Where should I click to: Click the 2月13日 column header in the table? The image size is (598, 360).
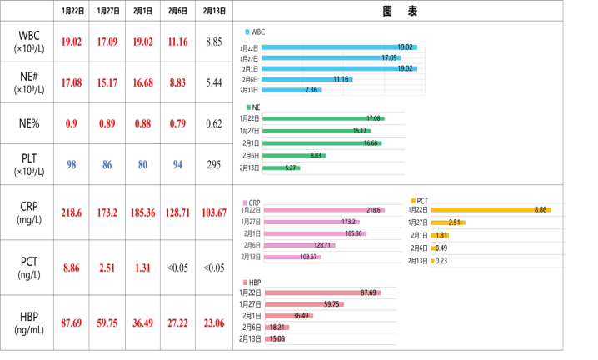click(x=214, y=11)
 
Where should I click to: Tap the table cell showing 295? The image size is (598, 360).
click(x=214, y=164)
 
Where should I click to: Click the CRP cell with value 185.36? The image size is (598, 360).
click(x=142, y=212)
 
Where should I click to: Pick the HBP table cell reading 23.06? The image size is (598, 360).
click(x=214, y=323)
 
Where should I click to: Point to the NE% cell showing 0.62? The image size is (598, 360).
click(x=214, y=123)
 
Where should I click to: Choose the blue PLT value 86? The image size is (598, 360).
click(x=107, y=164)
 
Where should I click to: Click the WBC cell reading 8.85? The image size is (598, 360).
click(x=214, y=42)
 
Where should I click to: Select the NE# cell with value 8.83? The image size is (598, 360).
click(x=177, y=82)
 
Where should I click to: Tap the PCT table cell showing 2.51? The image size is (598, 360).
click(x=107, y=267)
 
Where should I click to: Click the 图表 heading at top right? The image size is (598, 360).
click(x=400, y=11)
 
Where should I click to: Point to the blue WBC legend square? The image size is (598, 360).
click(x=247, y=32)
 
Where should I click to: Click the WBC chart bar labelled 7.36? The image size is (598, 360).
click(x=292, y=90)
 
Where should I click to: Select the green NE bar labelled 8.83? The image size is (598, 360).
click(x=294, y=156)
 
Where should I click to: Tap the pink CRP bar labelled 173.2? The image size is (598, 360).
click(x=311, y=222)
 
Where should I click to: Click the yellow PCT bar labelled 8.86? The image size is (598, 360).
click(x=491, y=210)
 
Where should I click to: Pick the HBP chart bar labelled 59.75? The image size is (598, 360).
click(x=304, y=304)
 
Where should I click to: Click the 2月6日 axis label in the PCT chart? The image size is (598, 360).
click(x=419, y=248)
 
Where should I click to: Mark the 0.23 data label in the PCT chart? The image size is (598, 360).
click(x=441, y=261)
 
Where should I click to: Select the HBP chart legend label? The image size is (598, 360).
click(x=255, y=282)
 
